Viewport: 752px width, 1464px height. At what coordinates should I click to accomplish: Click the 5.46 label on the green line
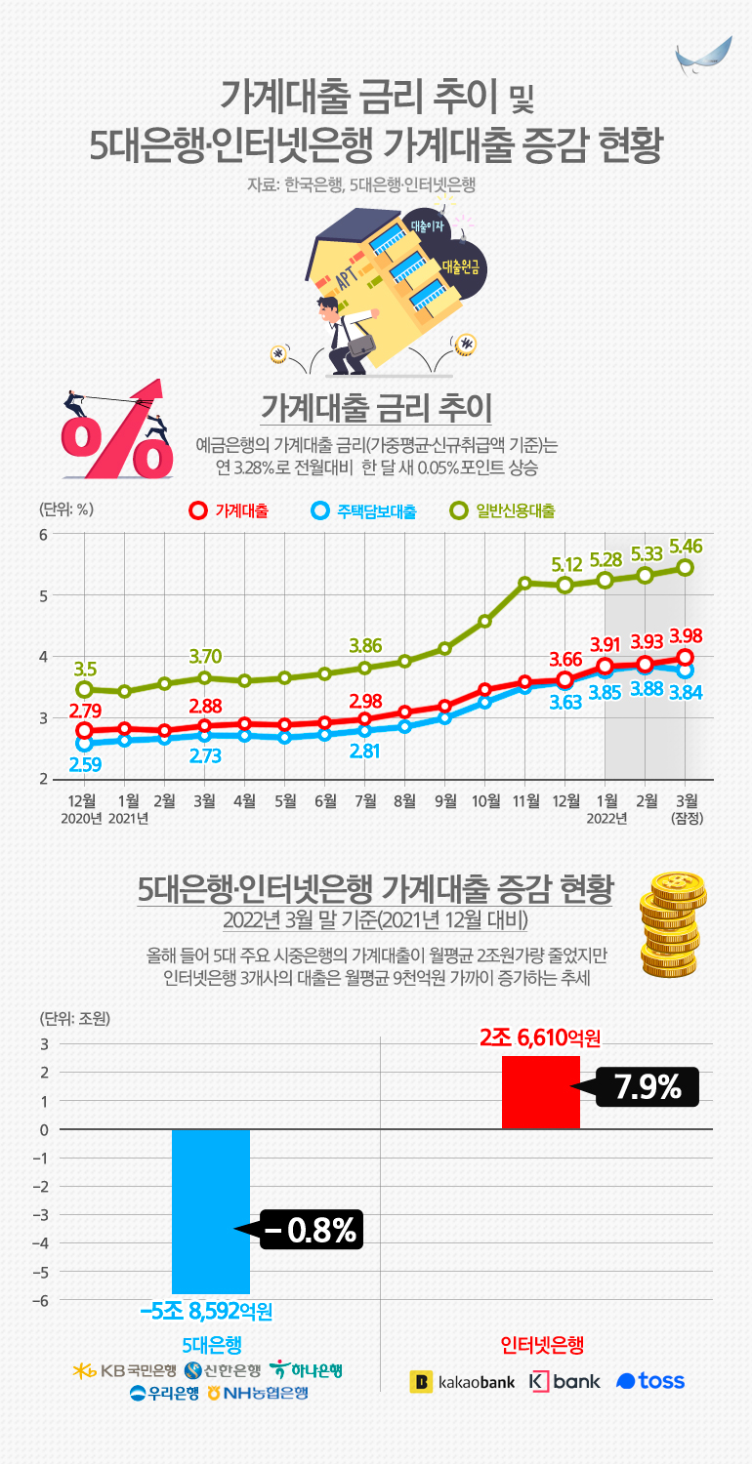pos(686,542)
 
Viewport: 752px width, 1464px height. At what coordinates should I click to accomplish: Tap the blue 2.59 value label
pos(84,764)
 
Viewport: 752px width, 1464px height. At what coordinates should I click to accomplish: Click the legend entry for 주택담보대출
pos(363,510)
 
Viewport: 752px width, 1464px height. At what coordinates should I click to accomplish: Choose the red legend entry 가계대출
pos(231,510)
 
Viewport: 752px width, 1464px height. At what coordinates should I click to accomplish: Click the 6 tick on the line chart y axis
pos(43,534)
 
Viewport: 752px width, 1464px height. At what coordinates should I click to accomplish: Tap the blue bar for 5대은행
pos(211,1210)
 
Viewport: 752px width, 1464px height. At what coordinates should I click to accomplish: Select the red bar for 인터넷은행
pos(540,1092)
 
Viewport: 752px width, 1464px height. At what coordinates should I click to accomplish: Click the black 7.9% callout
pos(646,1086)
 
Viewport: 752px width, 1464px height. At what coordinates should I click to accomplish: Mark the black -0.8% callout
pos(310,1230)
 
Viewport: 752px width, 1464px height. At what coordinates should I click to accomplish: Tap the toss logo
pos(650,1381)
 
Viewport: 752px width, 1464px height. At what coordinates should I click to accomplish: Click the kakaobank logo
pos(463,1381)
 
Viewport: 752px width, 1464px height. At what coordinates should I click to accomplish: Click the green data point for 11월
pos(525,584)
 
